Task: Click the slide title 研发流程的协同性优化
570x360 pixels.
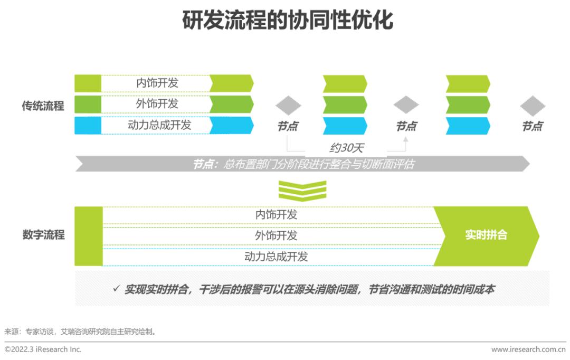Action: tap(287, 21)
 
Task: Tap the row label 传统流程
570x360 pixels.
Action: tap(43, 106)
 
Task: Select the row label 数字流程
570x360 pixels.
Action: tap(43, 235)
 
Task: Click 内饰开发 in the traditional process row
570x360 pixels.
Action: tap(157, 83)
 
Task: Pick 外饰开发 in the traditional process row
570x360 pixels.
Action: tap(157, 104)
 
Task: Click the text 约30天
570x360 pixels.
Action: tap(346, 148)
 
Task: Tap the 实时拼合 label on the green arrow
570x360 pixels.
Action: tap(486, 235)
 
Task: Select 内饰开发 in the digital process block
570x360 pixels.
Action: tap(276, 215)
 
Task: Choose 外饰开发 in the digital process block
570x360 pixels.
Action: tap(276, 235)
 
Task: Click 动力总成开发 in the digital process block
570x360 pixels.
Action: tap(276, 257)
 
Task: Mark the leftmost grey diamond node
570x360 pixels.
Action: tap(288, 106)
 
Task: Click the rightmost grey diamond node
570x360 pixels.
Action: tap(532, 106)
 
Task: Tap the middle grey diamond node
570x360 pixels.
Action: tap(406, 105)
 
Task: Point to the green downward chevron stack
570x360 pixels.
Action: tap(302, 191)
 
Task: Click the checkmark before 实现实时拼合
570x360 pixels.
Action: tap(116, 289)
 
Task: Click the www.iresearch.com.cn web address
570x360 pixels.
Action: tap(528, 349)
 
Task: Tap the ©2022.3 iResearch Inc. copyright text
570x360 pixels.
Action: tap(43, 349)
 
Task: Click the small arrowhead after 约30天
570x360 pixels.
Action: tap(405, 140)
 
